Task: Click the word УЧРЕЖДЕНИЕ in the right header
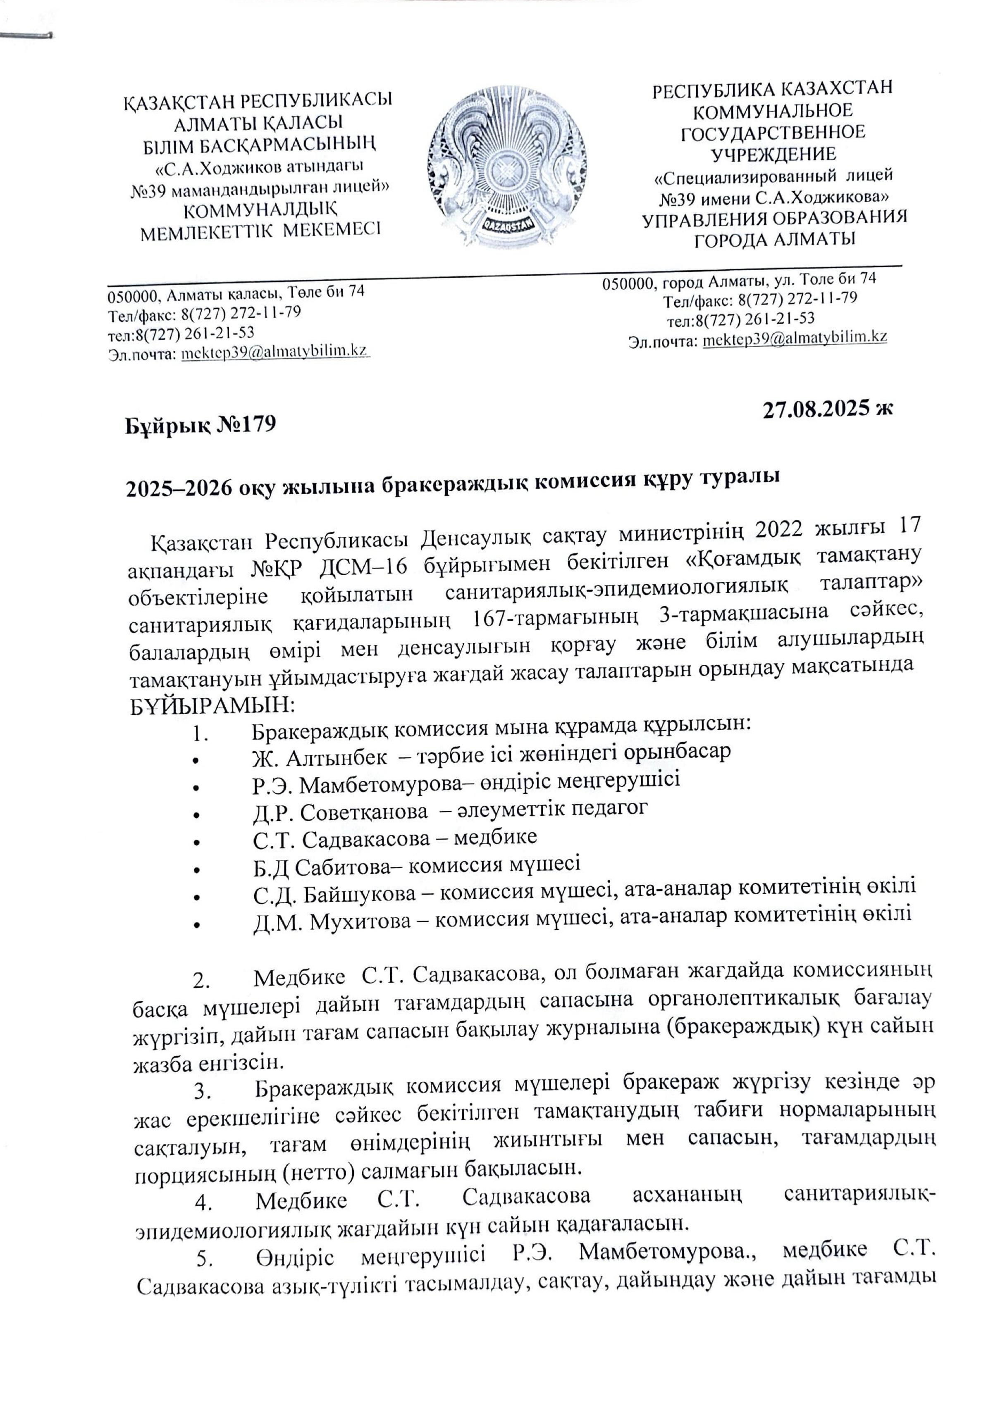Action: [773, 154]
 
